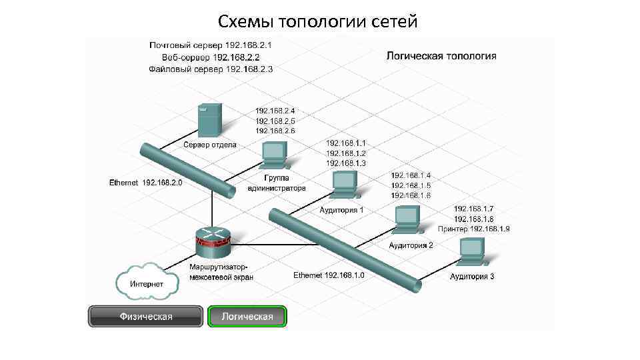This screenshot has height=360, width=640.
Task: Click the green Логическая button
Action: (x=247, y=316)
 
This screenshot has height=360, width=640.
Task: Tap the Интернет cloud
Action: (x=147, y=283)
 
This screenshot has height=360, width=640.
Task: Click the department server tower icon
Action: (x=209, y=121)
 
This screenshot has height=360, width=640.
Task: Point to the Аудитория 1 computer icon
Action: (x=345, y=185)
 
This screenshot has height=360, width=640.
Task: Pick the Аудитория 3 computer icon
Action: (x=472, y=252)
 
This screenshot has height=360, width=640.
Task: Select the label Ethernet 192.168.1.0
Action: (x=329, y=275)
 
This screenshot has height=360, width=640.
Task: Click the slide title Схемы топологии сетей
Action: (x=317, y=22)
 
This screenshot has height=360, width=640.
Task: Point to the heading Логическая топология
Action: (x=441, y=56)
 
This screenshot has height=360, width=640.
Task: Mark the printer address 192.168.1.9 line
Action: (x=474, y=229)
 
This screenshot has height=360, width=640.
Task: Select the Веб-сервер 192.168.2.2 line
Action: (x=211, y=57)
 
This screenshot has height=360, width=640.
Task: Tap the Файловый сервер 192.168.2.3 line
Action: (x=211, y=69)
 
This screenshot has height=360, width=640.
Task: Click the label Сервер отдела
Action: (x=210, y=145)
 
